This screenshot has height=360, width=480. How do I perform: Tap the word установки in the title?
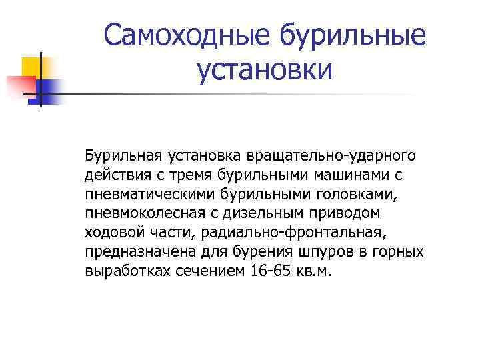click(x=265, y=69)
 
